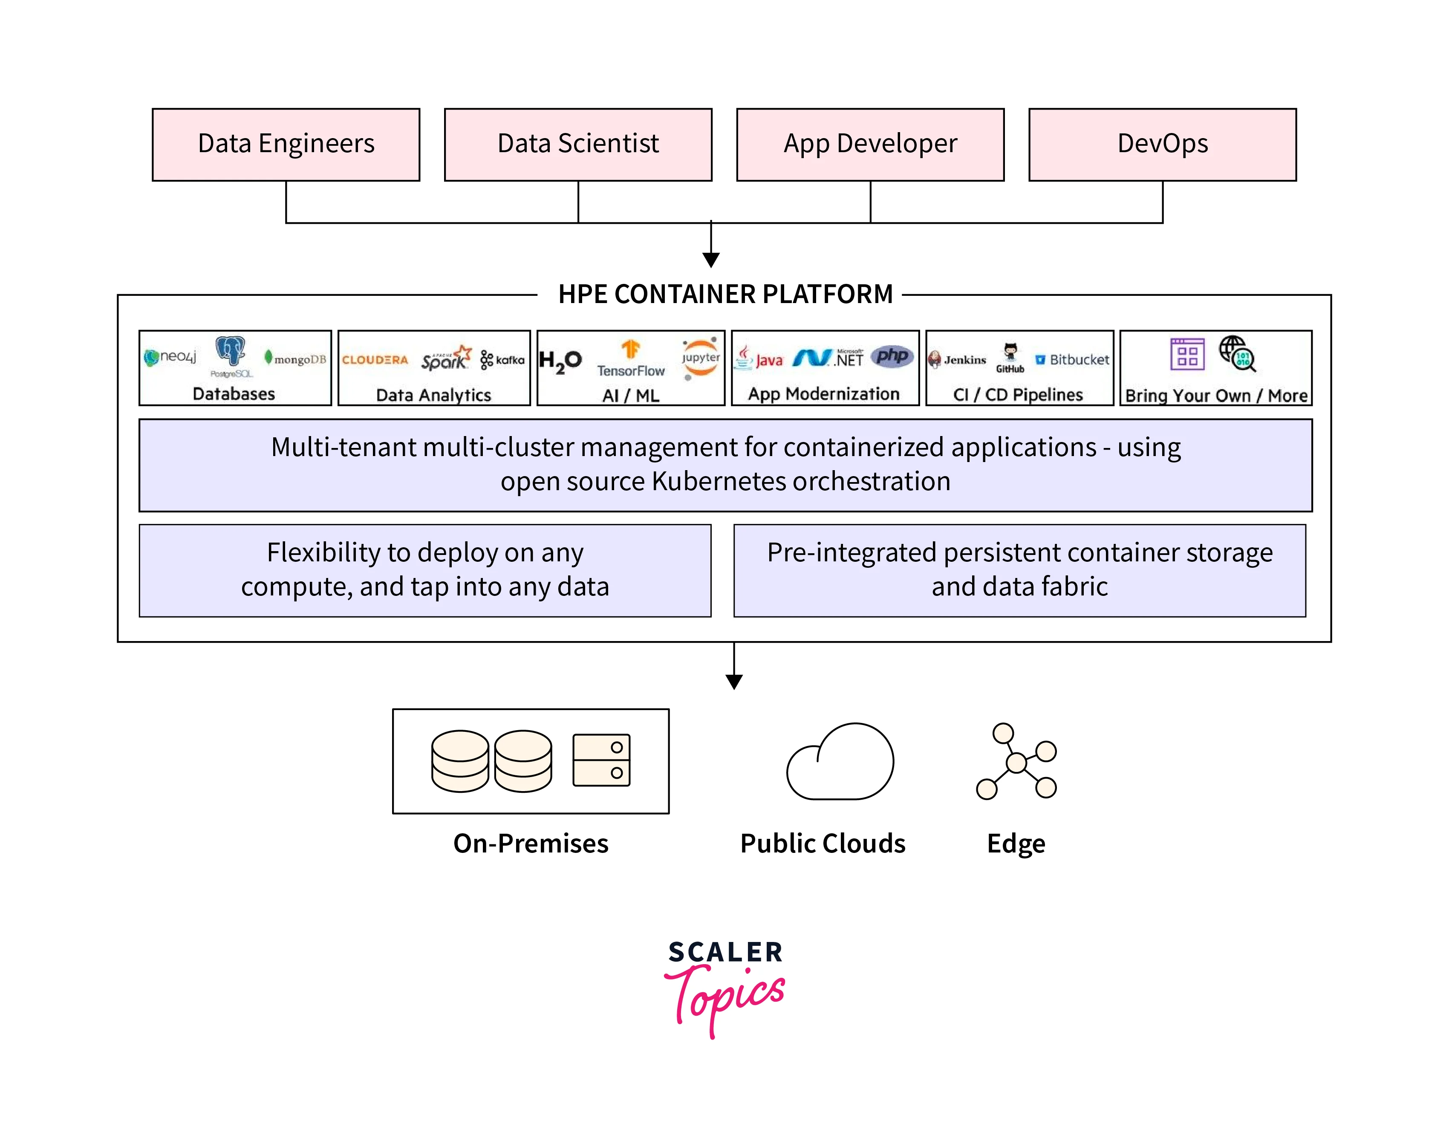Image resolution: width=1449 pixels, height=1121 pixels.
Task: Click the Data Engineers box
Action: (286, 144)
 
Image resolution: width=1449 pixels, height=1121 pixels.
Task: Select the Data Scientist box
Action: (578, 144)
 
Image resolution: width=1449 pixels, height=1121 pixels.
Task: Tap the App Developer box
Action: (870, 144)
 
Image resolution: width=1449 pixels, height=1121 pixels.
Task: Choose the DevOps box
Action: (1162, 144)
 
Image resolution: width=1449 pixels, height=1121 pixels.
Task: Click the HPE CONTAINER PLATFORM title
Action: (725, 294)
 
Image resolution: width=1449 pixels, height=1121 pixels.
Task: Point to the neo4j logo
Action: (170, 357)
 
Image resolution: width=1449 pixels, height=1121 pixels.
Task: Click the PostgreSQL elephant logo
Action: (230, 351)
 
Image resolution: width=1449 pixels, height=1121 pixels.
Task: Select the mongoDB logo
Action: (295, 359)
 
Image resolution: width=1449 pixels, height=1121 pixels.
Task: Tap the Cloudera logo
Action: (375, 360)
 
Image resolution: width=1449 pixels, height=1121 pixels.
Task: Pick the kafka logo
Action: (502, 360)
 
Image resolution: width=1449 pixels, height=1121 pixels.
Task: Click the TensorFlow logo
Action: (630, 358)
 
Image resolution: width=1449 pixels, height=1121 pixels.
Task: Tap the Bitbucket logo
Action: (1072, 360)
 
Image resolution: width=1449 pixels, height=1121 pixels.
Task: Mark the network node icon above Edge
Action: (1016, 762)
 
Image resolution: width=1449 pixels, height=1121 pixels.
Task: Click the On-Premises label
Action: (531, 843)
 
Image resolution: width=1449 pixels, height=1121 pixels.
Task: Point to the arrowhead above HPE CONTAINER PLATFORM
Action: (710, 260)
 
